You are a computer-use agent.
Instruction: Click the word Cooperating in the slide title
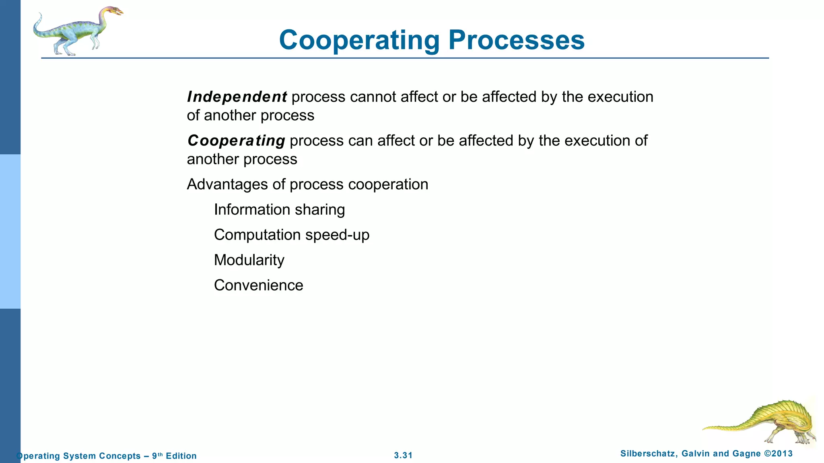click(359, 40)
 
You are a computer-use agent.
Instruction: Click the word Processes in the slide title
click(516, 40)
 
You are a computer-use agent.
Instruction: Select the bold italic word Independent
click(237, 97)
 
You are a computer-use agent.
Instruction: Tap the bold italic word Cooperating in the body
click(236, 141)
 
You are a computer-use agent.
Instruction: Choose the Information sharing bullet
click(279, 210)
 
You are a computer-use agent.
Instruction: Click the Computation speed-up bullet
click(291, 235)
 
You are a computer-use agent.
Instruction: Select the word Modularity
click(249, 260)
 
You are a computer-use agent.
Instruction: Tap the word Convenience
click(258, 285)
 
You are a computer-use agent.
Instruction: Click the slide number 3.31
click(403, 455)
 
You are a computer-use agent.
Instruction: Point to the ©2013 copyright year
click(778, 454)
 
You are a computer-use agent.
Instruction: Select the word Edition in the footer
click(181, 456)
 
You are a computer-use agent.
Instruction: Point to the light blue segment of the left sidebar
click(10, 231)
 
